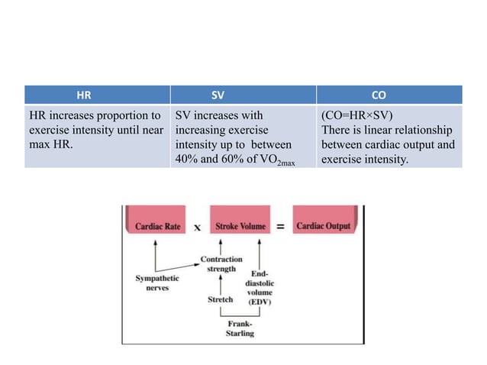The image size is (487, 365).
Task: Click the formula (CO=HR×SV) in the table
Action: coord(358,115)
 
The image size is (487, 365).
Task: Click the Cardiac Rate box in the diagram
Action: coord(158,227)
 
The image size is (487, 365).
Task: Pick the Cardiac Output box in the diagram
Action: coord(323,227)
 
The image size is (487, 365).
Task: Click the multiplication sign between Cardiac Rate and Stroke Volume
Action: coord(197,228)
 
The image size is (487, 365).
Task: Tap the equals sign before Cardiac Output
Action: coord(280,227)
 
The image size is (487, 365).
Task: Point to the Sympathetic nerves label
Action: coord(157,283)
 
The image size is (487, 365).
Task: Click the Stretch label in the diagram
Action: coord(220,299)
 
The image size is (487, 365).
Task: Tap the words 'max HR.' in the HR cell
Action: coord(48,144)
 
